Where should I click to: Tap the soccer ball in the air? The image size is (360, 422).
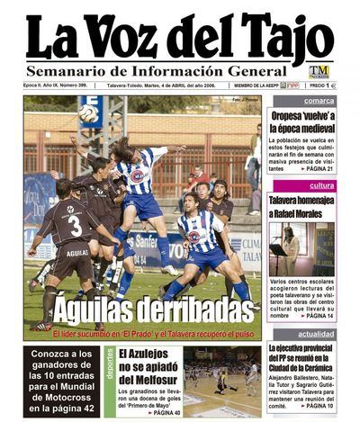point(88,113)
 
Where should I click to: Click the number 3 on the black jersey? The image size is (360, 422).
point(76,224)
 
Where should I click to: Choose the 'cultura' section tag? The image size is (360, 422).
point(321,185)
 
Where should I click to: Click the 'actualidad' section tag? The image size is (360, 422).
point(316,334)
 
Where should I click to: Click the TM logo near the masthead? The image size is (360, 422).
point(319,71)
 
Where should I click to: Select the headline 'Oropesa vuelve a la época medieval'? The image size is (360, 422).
point(303,122)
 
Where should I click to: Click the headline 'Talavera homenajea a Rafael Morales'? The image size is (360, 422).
point(302,206)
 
